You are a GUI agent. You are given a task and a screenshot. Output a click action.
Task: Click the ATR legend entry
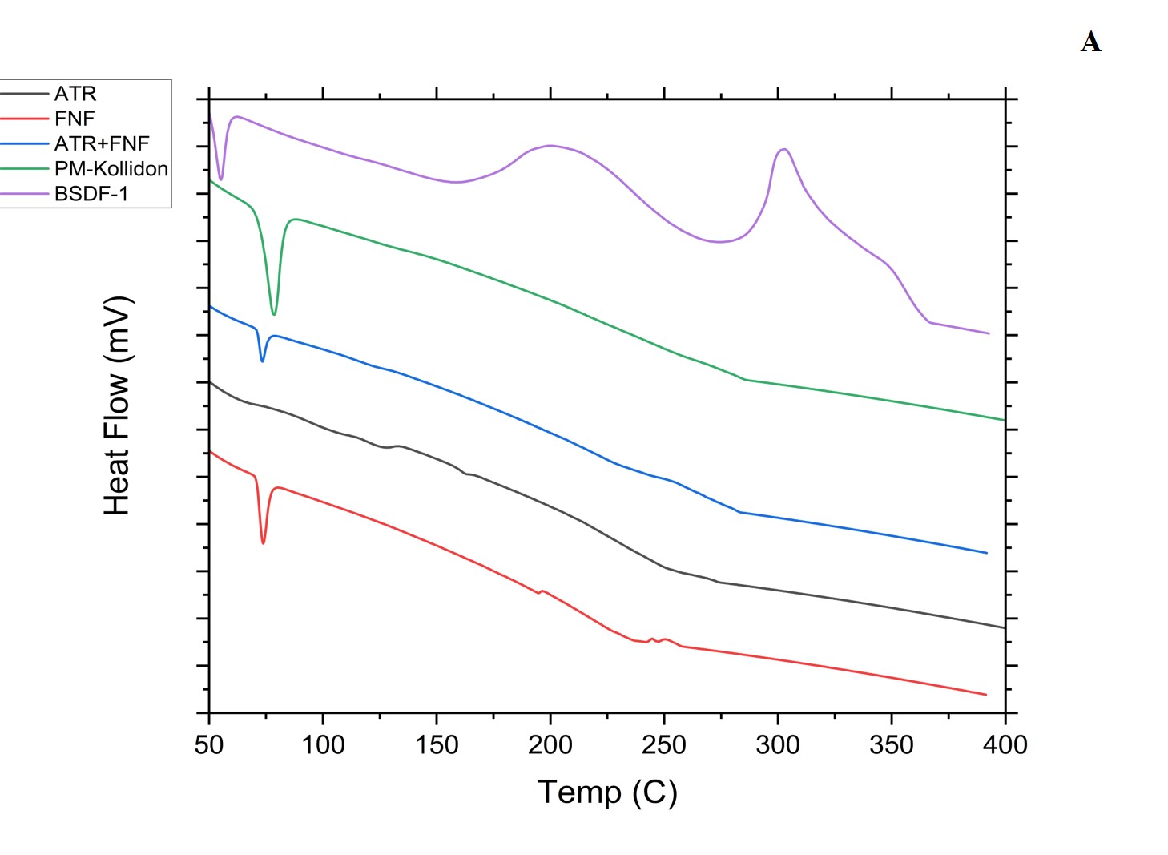click(x=75, y=94)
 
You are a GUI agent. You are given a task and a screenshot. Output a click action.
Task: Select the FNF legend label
click(x=75, y=119)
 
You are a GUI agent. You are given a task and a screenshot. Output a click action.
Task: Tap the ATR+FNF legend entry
click(x=102, y=143)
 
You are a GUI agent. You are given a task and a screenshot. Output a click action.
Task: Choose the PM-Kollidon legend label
click(x=111, y=169)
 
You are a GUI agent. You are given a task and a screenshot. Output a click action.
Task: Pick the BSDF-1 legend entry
click(x=91, y=194)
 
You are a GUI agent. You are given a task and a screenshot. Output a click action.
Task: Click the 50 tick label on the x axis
click(x=209, y=745)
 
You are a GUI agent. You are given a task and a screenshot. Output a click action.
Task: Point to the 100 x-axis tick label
click(x=323, y=745)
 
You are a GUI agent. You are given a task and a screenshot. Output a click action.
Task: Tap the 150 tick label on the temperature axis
click(x=437, y=745)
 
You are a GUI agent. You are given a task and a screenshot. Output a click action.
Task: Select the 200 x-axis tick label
click(x=550, y=745)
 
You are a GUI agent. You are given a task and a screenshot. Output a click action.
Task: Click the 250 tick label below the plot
click(x=664, y=745)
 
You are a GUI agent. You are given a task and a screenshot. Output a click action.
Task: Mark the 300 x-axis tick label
click(x=778, y=745)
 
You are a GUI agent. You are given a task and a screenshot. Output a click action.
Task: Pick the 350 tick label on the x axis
click(x=892, y=745)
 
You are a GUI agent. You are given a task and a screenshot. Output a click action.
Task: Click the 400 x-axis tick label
click(x=1005, y=745)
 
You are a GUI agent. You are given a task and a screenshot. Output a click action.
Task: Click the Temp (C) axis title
click(x=607, y=792)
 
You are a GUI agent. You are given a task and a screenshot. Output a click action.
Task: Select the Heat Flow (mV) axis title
click(x=118, y=406)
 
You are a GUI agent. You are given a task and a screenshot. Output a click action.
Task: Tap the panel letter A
click(x=1090, y=42)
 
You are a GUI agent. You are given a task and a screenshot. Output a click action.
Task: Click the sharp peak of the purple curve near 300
click(x=784, y=149)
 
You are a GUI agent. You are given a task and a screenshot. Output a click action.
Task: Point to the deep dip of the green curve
click(x=274, y=314)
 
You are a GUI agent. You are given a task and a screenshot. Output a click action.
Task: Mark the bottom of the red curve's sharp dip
click(x=263, y=543)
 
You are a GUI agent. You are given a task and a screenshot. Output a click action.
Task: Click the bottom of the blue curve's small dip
click(x=262, y=361)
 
